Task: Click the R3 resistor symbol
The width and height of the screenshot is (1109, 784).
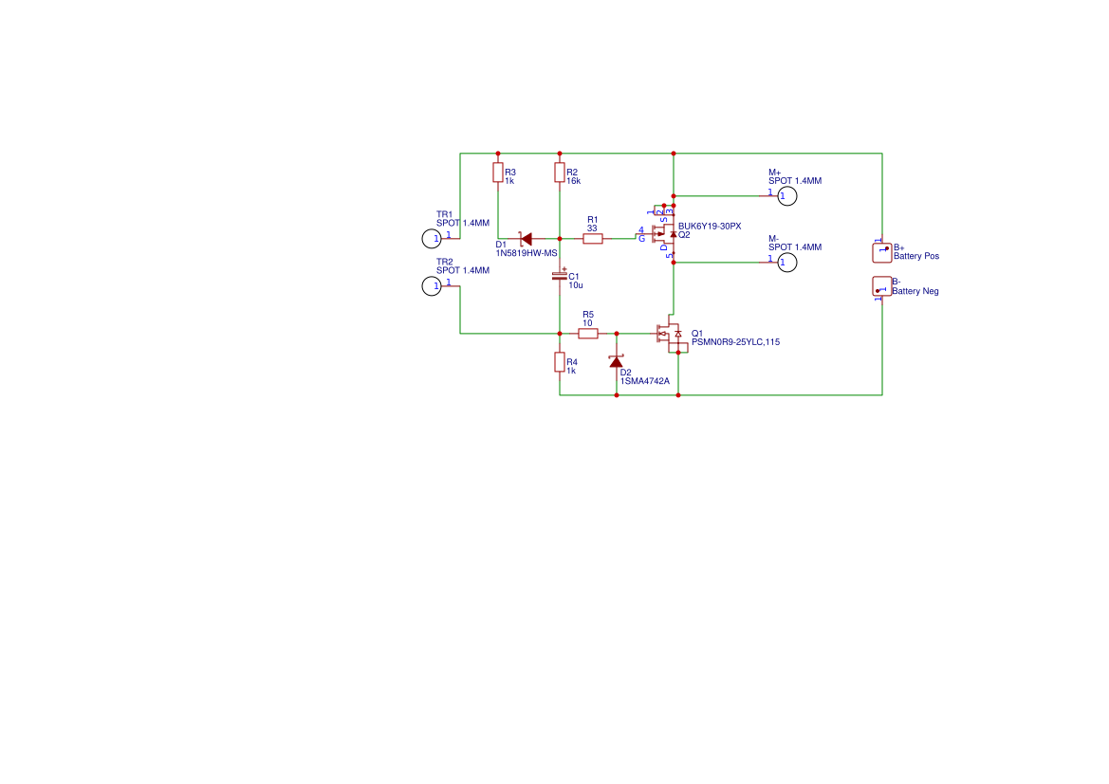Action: click(498, 172)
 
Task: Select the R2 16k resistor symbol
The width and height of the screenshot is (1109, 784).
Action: click(560, 172)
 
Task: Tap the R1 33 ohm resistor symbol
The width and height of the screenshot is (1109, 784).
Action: click(593, 239)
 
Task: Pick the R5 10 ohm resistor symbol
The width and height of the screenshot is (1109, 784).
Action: click(588, 334)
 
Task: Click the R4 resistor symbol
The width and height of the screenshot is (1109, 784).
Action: click(560, 362)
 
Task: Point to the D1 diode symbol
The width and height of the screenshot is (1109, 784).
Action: click(525, 239)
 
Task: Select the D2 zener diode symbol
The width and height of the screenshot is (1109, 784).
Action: click(617, 361)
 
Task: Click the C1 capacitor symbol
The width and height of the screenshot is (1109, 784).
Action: click(560, 276)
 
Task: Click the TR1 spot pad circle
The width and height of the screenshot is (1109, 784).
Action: click(432, 238)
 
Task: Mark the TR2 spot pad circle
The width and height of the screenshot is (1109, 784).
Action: click(432, 285)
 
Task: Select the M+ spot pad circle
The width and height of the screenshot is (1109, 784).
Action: click(786, 196)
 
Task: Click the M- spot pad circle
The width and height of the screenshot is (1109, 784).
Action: click(786, 263)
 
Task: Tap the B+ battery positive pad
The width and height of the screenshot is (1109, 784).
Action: click(881, 252)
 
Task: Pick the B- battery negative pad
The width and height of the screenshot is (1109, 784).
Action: click(881, 286)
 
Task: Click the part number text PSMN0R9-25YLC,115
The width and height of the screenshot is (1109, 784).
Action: click(735, 343)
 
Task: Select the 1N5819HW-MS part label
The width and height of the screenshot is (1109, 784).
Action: click(526, 254)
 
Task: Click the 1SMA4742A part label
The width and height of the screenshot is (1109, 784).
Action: click(644, 381)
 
